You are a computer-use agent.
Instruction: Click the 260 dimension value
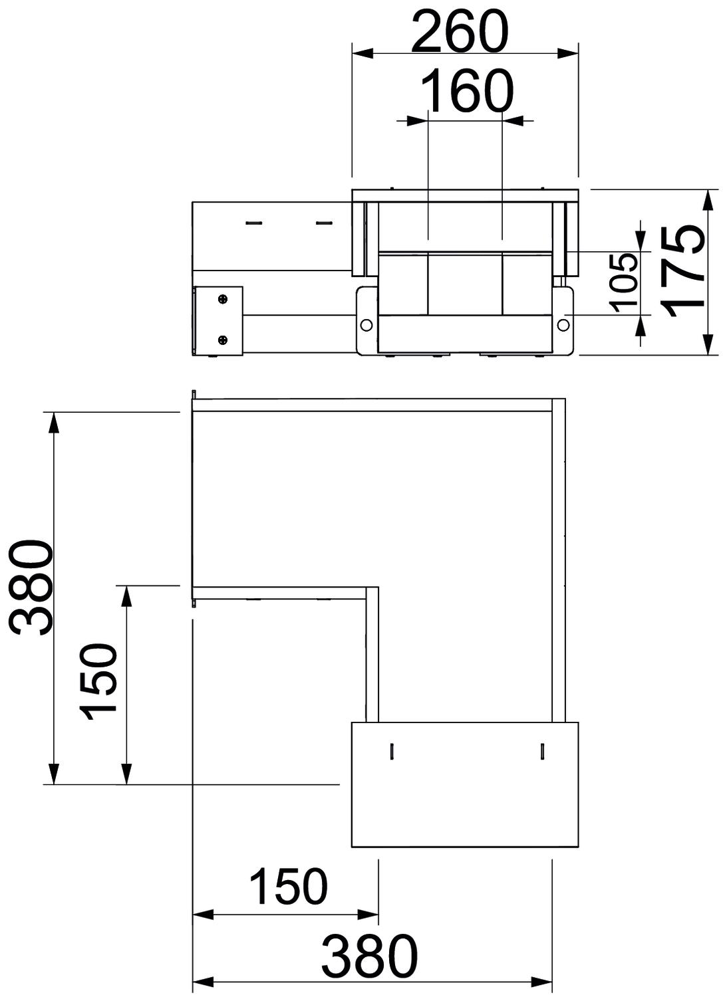click(x=460, y=32)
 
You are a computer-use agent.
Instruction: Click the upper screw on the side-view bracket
click(x=223, y=300)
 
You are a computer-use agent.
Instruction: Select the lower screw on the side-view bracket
click(x=223, y=341)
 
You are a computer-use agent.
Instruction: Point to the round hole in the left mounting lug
click(x=366, y=325)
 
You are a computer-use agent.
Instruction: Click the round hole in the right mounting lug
click(x=563, y=324)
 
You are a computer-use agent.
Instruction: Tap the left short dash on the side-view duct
click(x=255, y=222)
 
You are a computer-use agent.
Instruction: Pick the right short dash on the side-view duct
click(x=324, y=222)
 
